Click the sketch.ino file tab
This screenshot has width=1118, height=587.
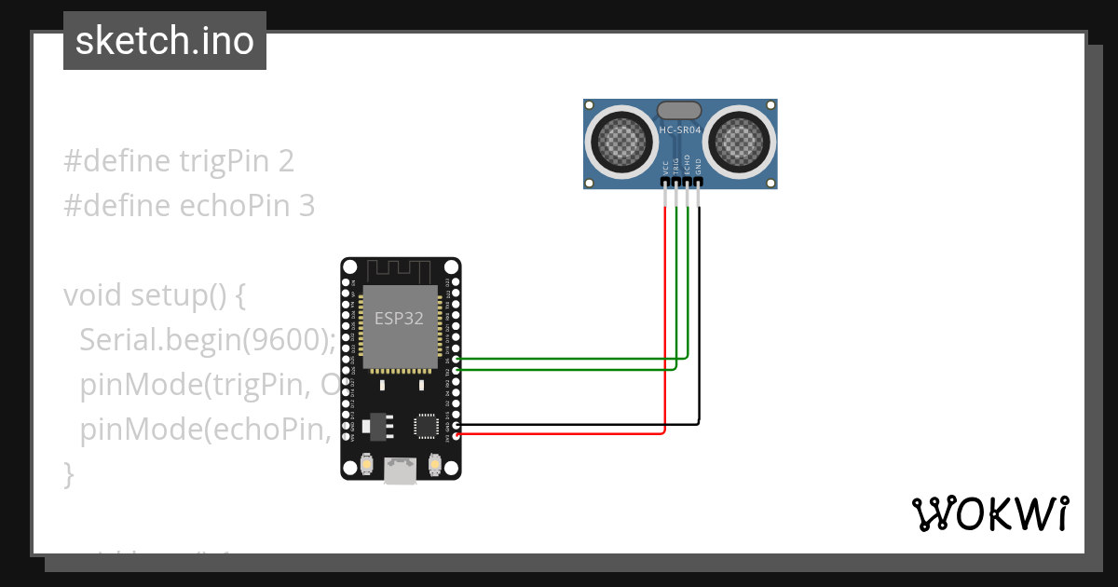tap(164, 41)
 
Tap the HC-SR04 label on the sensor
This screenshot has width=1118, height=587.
tap(680, 130)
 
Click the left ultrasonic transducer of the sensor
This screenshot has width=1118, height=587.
tap(617, 143)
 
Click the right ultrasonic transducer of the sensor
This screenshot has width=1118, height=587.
tap(743, 143)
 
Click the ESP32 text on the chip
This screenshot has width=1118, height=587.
tap(399, 319)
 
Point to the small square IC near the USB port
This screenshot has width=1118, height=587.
tap(426, 425)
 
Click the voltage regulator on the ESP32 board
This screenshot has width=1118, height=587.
tap(376, 424)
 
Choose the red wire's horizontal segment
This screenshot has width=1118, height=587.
tap(559, 433)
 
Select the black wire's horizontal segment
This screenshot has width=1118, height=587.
tap(578, 424)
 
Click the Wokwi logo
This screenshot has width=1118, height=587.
tap(989, 513)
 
